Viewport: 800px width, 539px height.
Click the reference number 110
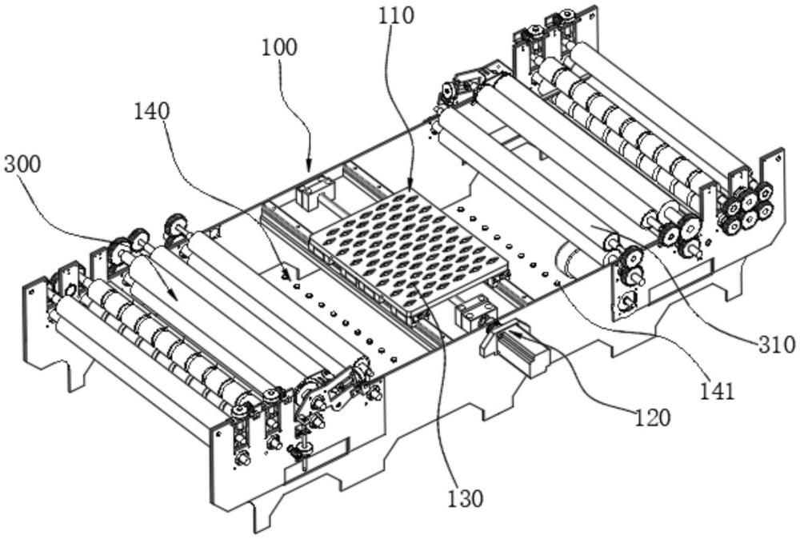point(396,16)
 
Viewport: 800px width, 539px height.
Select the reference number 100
point(278,48)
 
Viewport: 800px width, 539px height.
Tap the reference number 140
point(151,112)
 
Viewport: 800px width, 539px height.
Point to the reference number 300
point(22,165)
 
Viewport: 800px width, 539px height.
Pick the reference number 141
point(716,392)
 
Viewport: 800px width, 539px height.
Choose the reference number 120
point(653,418)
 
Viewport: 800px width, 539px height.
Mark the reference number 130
point(465,498)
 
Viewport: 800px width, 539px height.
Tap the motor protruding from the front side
point(515,349)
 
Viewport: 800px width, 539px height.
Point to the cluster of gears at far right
point(745,206)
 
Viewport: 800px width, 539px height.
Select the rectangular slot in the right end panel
point(681,281)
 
